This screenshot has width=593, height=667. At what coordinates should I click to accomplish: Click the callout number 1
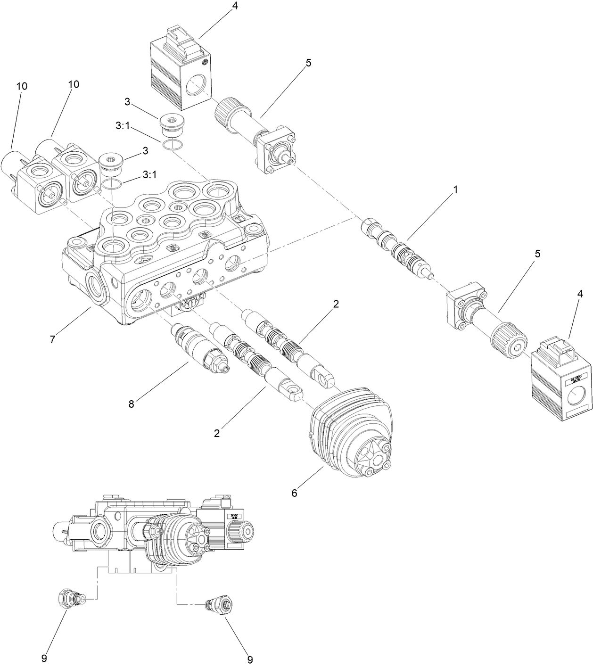[455, 189]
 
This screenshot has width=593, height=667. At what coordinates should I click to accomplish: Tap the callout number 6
[294, 493]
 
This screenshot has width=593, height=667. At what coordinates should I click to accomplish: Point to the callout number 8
[131, 403]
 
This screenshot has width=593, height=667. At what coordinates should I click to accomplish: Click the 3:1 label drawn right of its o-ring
[149, 175]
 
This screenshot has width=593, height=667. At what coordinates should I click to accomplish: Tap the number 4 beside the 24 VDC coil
[580, 294]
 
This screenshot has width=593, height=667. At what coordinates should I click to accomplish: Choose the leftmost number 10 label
[22, 86]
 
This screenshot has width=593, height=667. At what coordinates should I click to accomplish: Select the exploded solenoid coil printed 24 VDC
[561, 379]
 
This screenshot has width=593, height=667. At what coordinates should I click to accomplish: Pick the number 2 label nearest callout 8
[217, 433]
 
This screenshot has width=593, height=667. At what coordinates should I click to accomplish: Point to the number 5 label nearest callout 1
[537, 254]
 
